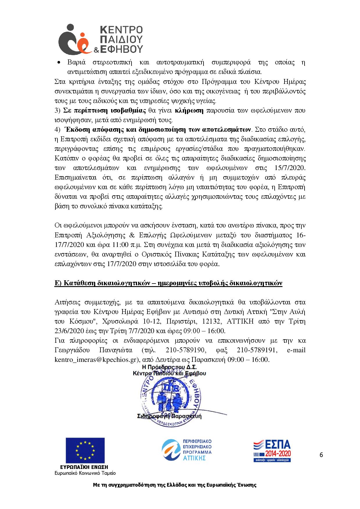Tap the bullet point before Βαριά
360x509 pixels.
59,63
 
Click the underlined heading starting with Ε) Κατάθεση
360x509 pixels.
168,283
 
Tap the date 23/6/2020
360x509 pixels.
69,331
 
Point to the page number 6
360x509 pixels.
321,454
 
